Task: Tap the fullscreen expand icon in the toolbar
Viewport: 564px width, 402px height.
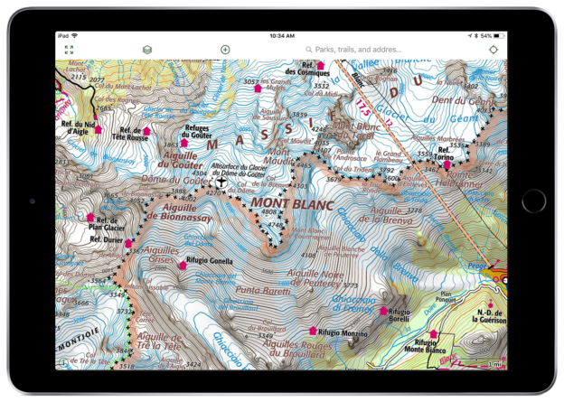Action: click(x=70, y=50)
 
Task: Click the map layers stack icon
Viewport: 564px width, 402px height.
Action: click(x=147, y=50)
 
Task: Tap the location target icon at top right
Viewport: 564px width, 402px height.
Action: click(x=493, y=50)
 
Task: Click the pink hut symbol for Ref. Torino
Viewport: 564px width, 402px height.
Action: click(x=446, y=164)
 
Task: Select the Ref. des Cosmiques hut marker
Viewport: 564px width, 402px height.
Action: click(x=320, y=65)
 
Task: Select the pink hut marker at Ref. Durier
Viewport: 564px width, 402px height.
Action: click(x=128, y=243)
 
